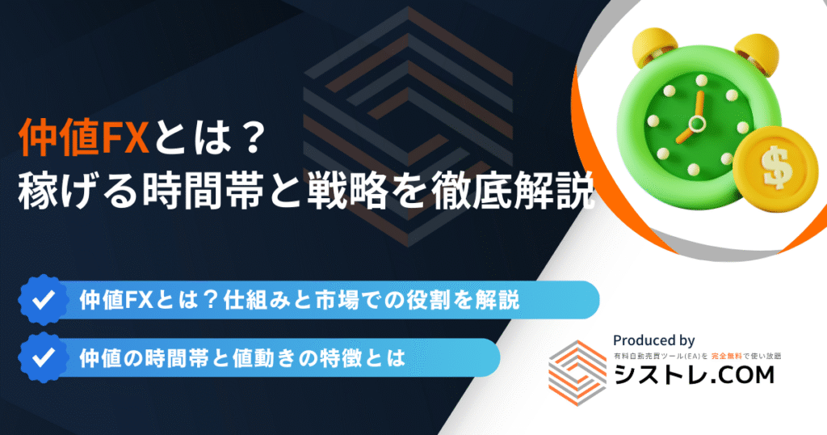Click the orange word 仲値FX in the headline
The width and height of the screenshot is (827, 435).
pos(83,137)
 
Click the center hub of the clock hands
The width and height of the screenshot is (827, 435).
pos(697,124)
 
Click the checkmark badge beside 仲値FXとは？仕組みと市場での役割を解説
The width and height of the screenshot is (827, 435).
pos(44,300)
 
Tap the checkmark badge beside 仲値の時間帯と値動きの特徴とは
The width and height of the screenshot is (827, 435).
pos(44,358)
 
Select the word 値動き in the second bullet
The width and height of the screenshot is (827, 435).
pos(253,358)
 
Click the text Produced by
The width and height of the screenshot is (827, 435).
pos(653,340)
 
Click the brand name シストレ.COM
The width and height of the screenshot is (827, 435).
pos(694,375)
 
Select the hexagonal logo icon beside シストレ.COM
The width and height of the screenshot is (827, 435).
pos(577,373)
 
